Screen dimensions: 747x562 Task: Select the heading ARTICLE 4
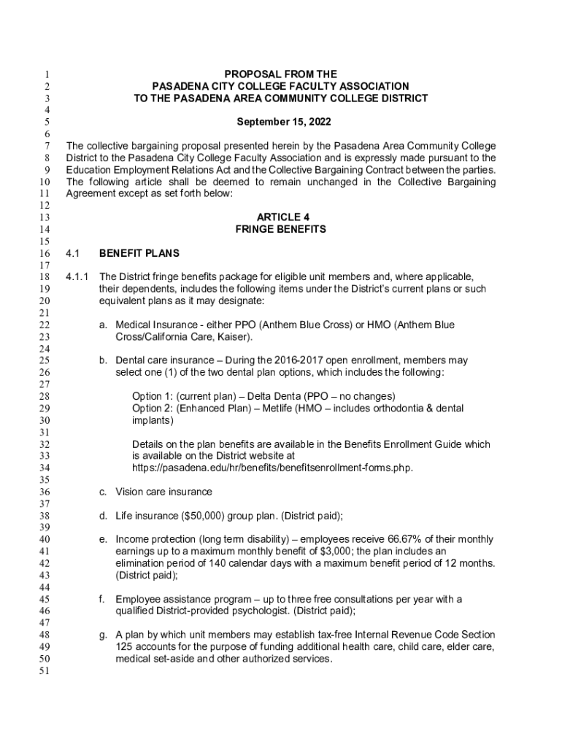(x=281, y=217)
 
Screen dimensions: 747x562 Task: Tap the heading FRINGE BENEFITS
(x=281, y=229)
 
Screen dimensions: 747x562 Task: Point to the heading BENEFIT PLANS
(x=139, y=253)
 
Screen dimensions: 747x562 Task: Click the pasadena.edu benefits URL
(x=272, y=468)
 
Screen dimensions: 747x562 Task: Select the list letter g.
(x=103, y=635)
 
